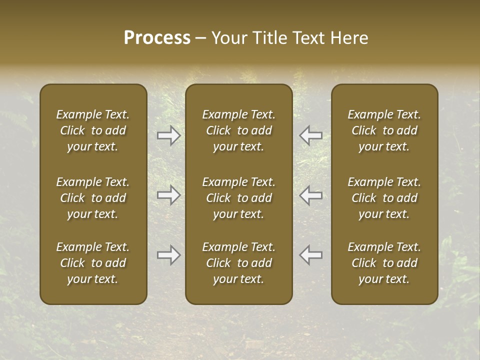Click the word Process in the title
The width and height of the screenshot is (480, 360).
point(157,38)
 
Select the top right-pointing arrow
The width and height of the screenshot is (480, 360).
point(168,135)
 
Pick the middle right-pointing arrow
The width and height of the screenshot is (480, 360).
point(168,195)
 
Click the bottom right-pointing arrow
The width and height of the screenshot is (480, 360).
point(168,255)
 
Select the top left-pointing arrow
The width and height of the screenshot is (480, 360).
point(311,135)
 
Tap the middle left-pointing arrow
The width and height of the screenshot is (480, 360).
point(311,195)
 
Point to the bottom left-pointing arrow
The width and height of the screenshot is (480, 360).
point(311,255)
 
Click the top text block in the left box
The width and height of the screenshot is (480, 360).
point(93,130)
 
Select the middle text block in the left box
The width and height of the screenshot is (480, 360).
point(93,198)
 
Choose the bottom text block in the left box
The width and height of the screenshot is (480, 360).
point(93,263)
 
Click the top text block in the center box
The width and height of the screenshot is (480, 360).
point(239,130)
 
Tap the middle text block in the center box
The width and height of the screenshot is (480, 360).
point(239,198)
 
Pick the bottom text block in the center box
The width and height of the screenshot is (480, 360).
point(239,263)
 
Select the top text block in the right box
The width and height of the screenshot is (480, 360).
point(384,130)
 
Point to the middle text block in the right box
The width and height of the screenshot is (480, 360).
point(384,198)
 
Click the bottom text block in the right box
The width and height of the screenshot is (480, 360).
point(384,263)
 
